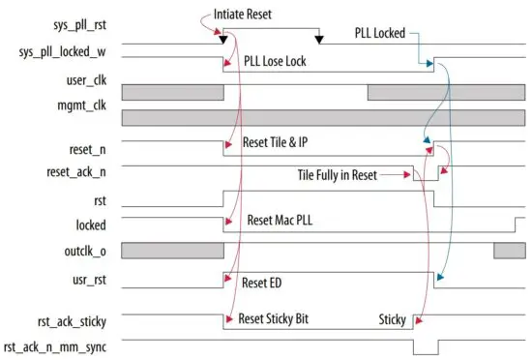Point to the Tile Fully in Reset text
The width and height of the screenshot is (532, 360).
tap(338, 175)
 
